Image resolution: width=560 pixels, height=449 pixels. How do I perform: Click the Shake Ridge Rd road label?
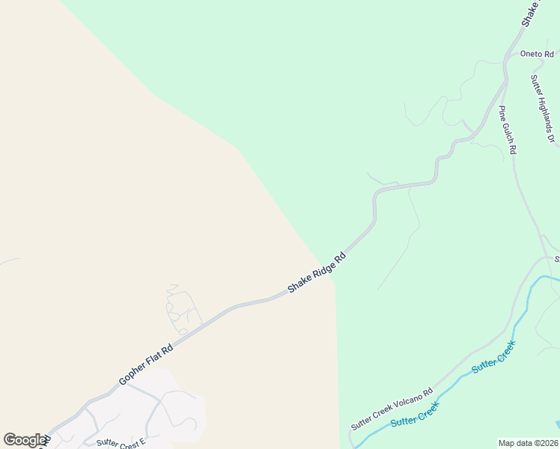(317, 272)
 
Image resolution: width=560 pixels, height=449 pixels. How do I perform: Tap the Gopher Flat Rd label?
(146, 365)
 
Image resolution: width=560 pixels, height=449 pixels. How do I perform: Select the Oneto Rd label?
(537, 54)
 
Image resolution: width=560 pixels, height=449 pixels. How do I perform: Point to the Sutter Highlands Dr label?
(543, 108)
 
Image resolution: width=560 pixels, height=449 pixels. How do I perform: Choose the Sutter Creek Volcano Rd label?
(392, 409)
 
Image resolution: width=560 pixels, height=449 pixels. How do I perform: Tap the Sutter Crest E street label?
(121, 442)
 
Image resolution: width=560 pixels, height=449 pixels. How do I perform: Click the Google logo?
(25, 440)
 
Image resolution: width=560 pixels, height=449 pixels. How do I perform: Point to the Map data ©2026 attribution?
(529, 443)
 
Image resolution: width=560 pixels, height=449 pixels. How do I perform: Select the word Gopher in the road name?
(133, 373)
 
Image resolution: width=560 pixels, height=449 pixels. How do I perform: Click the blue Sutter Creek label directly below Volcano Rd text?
(414, 415)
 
